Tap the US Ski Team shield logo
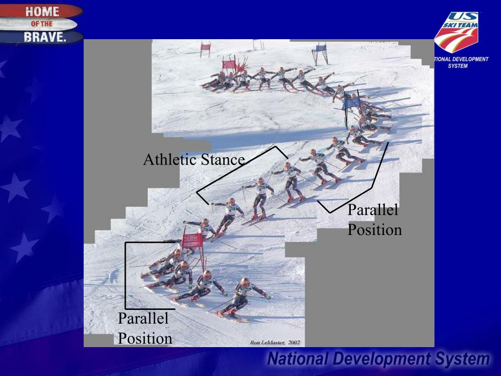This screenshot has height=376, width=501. pos(456,32)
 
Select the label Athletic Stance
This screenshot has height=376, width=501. pos(194,160)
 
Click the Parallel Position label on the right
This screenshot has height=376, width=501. pos(374,220)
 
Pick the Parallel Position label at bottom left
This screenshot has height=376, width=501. pos(145,329)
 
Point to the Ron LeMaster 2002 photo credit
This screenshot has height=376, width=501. pos(275,343)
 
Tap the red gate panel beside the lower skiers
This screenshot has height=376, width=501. pos(192,240)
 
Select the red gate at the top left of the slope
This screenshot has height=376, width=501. pos(205,47)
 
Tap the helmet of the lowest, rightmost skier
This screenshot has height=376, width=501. pos(245,282)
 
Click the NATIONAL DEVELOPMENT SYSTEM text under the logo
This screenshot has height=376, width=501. pos(460,62)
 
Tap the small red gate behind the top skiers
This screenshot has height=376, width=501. pos(228,64)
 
